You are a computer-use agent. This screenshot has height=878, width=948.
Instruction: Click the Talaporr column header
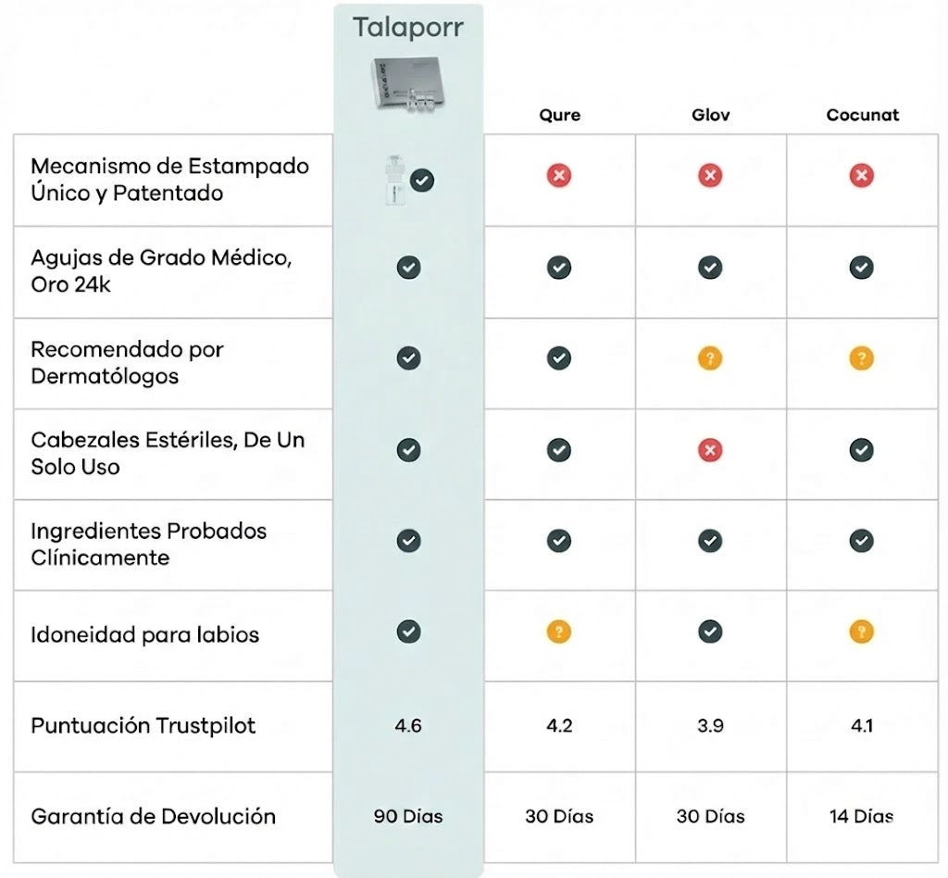(x=408, y=27)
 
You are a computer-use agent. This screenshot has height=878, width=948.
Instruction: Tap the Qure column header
(x=559, y=116)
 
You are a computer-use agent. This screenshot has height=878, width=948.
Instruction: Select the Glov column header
(x=710, y=116)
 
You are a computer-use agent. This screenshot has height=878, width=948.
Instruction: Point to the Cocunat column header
(x=862, y=116)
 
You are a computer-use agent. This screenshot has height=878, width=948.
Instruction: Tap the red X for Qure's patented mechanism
(x=558, y=175)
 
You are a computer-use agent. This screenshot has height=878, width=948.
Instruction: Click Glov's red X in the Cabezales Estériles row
(x=710, y=450)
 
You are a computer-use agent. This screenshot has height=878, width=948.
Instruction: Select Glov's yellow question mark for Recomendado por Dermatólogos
(x=710, y=358)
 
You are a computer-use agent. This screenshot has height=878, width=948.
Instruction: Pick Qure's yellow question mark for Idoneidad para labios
(x=558, y=633)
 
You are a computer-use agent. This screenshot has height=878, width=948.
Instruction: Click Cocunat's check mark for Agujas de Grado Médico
(x=862, y=268)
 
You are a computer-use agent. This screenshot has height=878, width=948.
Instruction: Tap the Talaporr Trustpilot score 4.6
(x=408, y=726)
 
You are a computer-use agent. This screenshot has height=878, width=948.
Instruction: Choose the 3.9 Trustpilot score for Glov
(x=710, y=726)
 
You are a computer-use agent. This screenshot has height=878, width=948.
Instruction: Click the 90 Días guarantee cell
(x=408, y=817)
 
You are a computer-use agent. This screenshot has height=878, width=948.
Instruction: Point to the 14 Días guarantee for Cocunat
(x=862, y=817)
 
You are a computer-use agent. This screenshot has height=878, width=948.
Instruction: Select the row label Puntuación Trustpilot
(x=143, y=726)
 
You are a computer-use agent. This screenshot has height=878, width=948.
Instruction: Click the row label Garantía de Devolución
(x=153, y=817)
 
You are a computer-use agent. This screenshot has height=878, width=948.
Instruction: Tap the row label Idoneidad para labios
(x=144, y=635)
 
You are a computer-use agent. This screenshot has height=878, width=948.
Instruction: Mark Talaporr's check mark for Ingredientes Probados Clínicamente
(x=408, y=541)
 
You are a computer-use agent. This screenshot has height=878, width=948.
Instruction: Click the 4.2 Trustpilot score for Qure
(x=559, y=726)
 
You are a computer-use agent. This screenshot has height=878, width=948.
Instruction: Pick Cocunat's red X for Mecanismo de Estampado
(x=862, y=175)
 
